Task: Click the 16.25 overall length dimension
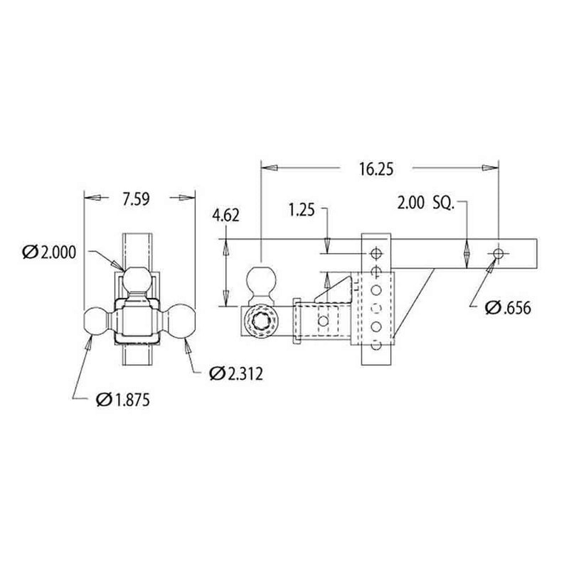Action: click(x=376, y=169)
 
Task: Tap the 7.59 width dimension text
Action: click(x=136, y=200)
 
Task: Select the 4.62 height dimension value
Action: click(x=226, y=215)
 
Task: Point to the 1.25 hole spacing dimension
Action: click(x=302, y=211)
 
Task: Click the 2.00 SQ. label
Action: click(x=425, y=203)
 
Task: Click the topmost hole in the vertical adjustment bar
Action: click(x=376, y=252)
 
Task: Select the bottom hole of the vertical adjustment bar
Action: click(x=376, y=347)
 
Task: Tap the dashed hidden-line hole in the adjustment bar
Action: click(x=376, y=308)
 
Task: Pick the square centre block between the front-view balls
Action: click(x=139, y=320)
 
